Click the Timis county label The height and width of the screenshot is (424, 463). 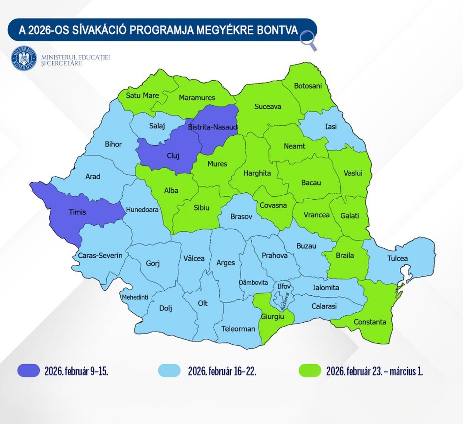[77, 212]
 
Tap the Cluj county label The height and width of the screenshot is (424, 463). [173, 156]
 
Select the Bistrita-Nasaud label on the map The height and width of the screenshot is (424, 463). [213, 127]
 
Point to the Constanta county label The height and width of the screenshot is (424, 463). [370, 322]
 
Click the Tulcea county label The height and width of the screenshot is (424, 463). [397, 258]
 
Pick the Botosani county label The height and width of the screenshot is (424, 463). [308, 86]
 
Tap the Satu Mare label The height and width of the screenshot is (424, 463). [142, 95]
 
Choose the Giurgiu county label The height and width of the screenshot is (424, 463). [272, 316]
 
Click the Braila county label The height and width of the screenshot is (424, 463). [345, 255]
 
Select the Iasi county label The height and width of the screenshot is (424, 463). [331, 126]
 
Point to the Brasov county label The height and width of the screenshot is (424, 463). [241, 217]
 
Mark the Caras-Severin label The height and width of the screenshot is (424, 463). [100, 255]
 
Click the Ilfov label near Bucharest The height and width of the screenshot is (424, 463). [284, 286]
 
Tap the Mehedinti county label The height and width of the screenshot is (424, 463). [135, 297]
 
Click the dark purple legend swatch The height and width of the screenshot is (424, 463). [29, 371]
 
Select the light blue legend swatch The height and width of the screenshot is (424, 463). [169, 371]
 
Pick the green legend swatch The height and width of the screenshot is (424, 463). [310, 371]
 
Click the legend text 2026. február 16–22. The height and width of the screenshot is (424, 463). [222, 371]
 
